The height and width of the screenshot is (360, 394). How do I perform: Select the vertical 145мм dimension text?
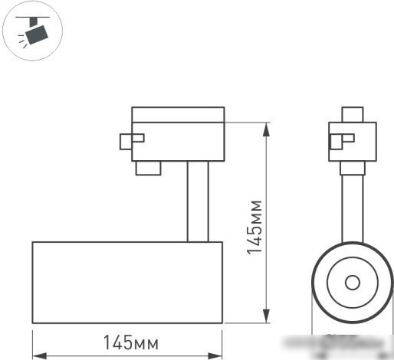point(256,227)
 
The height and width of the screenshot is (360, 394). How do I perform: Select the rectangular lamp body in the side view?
point(126,282)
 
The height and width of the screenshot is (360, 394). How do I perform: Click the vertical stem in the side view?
point(197,201)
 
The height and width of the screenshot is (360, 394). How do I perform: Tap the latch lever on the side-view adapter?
point(131,140)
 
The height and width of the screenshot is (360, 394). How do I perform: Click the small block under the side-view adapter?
point(148,168)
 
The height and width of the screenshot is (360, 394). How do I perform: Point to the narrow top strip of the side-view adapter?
point(178,115)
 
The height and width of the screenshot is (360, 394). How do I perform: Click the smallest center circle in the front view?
point(352,282)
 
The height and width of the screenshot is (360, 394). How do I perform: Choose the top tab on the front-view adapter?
point(352,114)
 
